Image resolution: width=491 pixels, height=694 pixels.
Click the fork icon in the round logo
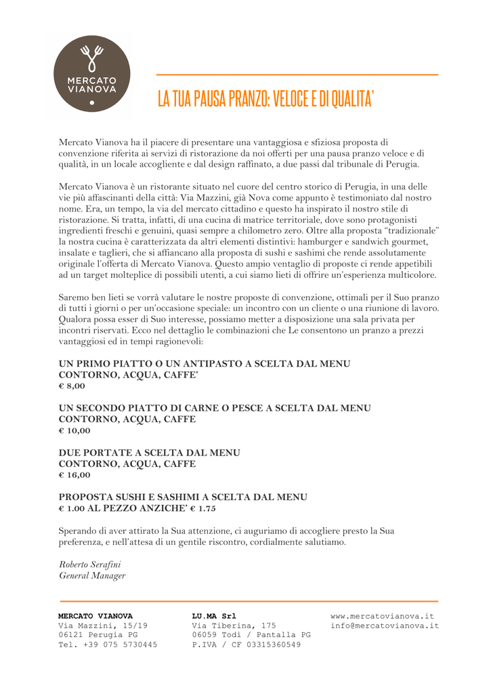pos(91,58)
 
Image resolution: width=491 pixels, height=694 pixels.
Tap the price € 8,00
pos(72,386)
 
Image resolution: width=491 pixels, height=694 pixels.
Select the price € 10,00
pos(74,430)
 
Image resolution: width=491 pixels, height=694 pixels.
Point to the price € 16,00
pos(74,474)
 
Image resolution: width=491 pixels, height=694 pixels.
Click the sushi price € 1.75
pos(202,508)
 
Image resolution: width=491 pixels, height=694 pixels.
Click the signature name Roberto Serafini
pos(89,564)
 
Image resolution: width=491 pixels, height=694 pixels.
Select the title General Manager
pos(92,575)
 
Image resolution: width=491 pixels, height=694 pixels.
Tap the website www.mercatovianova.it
pos(382,616)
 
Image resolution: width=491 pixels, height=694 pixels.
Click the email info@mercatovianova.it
pos(385,626)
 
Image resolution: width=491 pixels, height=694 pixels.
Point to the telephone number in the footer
pos(108,645)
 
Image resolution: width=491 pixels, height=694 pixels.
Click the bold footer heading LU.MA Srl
pos(214,616)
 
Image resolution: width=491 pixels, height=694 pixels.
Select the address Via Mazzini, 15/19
pos(103,626)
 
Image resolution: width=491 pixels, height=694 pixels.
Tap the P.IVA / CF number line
pos(246,645)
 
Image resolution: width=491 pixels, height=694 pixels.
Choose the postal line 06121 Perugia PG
pos(98,635)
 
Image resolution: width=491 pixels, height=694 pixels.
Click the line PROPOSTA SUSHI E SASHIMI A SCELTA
pos(183,497)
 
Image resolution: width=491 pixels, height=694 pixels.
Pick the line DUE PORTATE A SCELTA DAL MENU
pos(149,453)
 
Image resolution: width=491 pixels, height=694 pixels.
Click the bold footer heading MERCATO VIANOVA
pos(95,616)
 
